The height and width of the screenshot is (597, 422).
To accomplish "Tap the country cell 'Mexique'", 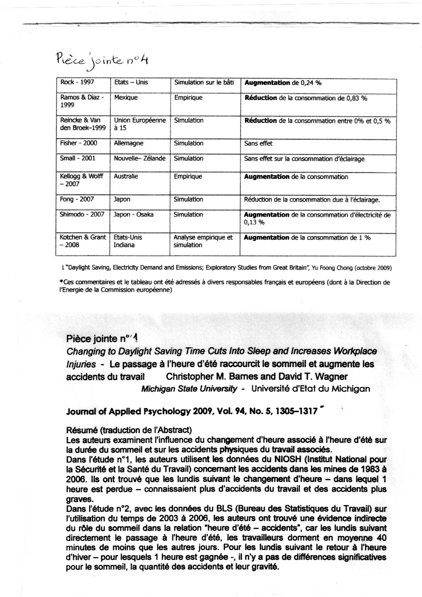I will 126,97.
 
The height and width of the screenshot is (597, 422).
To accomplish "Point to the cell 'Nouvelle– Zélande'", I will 139,159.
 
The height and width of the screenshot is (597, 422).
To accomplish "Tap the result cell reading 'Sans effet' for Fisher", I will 258,144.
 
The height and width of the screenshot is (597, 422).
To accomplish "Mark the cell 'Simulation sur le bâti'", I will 204,83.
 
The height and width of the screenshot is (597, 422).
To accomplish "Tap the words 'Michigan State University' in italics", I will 189,389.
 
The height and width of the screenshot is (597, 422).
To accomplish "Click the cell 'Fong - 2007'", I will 77,199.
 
